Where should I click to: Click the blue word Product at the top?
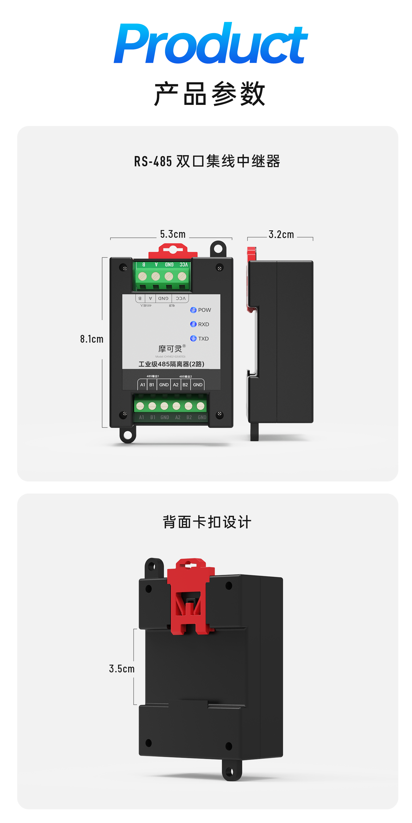point(211,44)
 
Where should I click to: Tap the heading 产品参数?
point(209,94)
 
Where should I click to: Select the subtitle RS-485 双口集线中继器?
point(207,161)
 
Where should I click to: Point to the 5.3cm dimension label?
point(173,234)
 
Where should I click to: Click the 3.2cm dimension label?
point(281,235)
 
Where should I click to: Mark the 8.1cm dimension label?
point(92,339)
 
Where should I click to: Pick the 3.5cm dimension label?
point(122,669)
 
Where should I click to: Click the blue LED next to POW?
point(193,310)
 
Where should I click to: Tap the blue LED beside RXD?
point(193,324)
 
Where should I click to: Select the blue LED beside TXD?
point(193,338)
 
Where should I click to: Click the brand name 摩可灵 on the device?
point(170,349)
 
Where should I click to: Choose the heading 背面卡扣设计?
point(207,522)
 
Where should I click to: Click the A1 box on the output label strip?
point(143,385)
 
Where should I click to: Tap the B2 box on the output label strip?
point(185,385)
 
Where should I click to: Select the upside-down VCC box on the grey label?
point(181,298)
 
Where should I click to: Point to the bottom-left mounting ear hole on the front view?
point(128,435)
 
